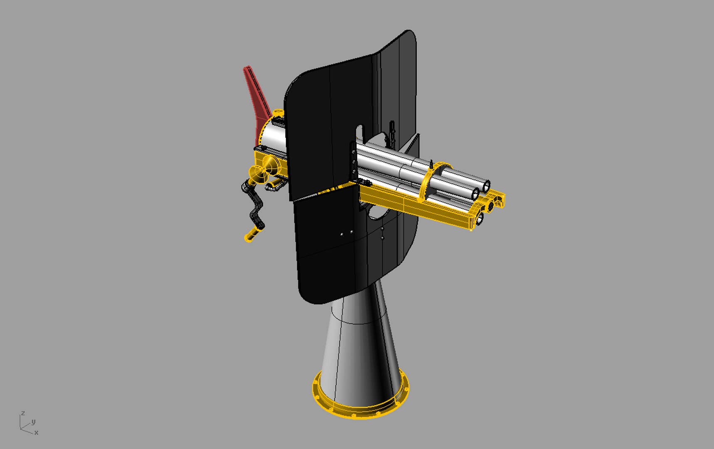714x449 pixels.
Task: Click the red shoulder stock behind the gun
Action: tap(256, 96)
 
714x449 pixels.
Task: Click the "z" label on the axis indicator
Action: tap(23, 413)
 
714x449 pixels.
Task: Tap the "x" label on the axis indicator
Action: tap(37, 433)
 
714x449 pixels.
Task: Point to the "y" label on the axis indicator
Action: tap(33, 422)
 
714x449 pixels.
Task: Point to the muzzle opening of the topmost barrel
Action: tap(486, 186)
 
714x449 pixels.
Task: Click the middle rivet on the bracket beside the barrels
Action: tap(353, 162)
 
